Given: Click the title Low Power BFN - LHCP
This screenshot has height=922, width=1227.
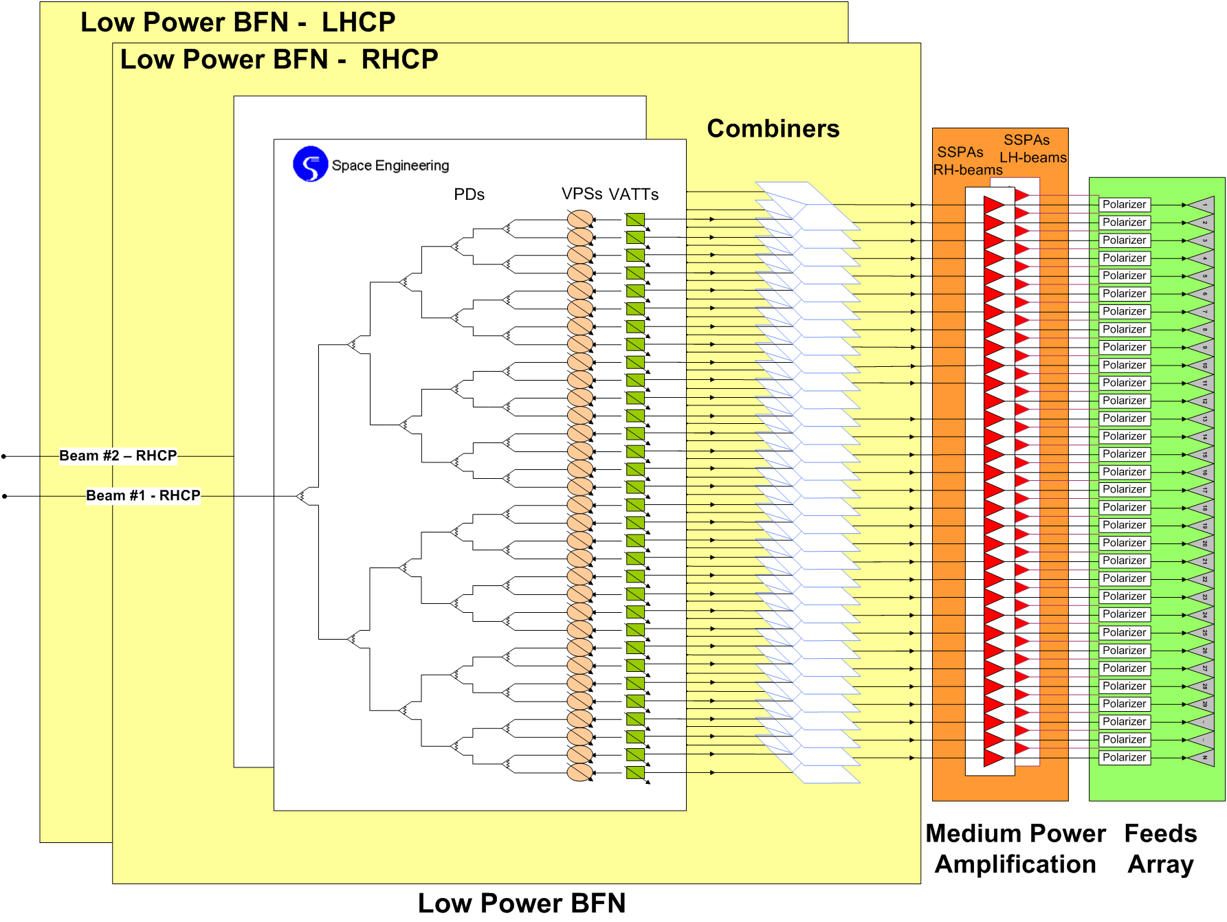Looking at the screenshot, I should click(x=238, y=23).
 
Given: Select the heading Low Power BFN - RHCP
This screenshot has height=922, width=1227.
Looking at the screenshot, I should click(x=279, y=60).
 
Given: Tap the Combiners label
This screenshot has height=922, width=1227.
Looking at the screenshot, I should click(x=773, y=129).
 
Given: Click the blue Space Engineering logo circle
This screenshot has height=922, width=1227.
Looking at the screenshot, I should click(x=310, y=164).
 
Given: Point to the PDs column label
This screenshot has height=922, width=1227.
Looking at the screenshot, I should click(x=469, y=194).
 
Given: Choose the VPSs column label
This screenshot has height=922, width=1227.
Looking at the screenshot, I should click(x=582, y=194).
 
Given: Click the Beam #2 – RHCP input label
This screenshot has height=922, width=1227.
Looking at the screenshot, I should click(x=118, y=456).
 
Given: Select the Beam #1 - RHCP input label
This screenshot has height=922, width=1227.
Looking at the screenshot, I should click(x=143, y=495).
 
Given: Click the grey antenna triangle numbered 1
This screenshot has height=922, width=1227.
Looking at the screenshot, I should click(x=1202, y=205).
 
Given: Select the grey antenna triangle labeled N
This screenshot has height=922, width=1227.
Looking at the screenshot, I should click(x=1202, y=758).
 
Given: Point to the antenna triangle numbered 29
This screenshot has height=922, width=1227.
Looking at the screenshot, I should click(x=1202, y=704).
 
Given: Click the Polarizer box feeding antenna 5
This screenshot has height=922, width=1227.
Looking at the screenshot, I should click(x=1125, y=276).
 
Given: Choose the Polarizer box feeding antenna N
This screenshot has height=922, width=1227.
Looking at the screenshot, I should click(x=1125, y=757).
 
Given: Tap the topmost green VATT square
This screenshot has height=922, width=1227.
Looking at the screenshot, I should click(x=635, y=220).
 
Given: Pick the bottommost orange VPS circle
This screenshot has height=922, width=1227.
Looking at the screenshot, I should click(x=580, y=772).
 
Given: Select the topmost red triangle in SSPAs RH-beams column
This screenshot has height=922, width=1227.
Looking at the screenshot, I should click(x=993, y=205).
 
